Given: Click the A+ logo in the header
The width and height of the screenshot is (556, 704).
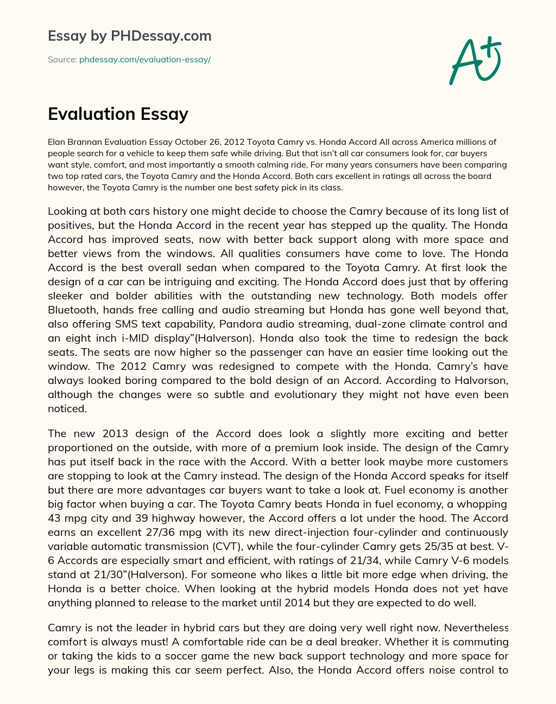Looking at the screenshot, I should [x=475, y=60].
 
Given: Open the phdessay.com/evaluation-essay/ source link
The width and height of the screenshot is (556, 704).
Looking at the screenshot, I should [x=144, y=60].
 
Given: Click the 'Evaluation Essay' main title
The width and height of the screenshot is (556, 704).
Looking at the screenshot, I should [x=118, y=114].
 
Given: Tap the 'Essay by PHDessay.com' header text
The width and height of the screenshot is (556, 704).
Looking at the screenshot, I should [x=129, y=36].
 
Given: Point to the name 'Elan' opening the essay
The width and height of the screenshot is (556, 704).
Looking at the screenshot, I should [x=57, y=142].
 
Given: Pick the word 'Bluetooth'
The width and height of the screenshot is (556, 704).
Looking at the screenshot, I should [x=73, y=310].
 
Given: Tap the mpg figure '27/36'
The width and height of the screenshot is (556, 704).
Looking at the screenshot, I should [x=173, y=533].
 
